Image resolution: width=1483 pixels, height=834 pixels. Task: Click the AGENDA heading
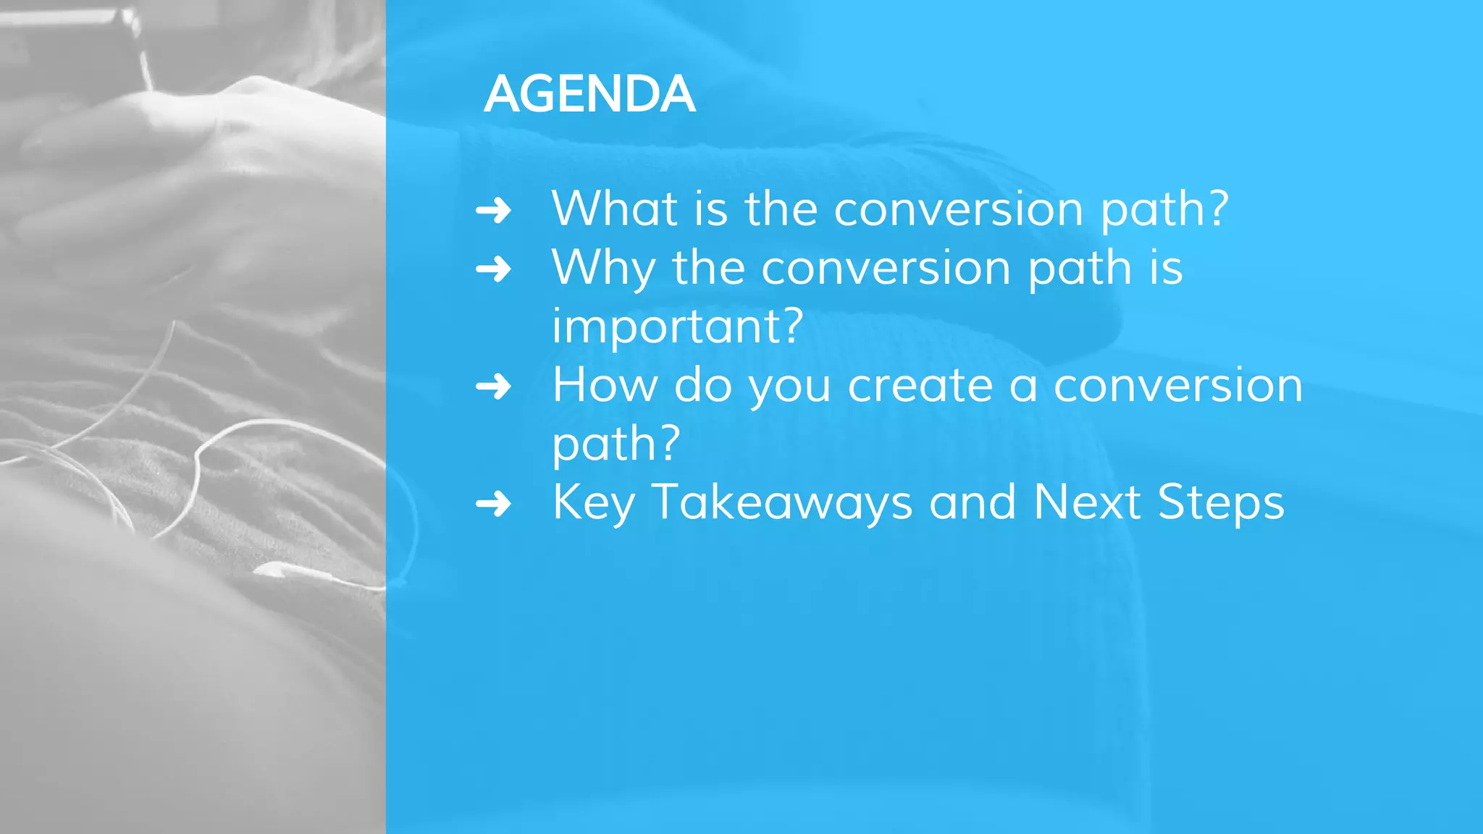(x=589, y=94)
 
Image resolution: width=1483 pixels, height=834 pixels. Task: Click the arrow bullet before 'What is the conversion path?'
(x=494, y=211)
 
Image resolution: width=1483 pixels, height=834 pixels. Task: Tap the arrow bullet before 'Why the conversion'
(x=494, y=269)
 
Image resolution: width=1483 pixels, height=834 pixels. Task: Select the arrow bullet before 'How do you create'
(x=494, y=387)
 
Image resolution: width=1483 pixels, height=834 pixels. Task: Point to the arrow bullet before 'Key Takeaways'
(x=494, y=504)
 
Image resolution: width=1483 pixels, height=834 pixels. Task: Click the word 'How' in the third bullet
(x=605, y=385)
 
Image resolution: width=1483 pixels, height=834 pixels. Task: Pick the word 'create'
(x=920, y=385)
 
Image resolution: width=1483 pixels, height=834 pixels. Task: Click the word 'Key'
(x=594, y=503)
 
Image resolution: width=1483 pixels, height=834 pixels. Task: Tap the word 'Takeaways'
(x=782, y=503)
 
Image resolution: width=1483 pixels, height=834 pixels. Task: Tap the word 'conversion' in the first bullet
(x=959, y=210)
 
